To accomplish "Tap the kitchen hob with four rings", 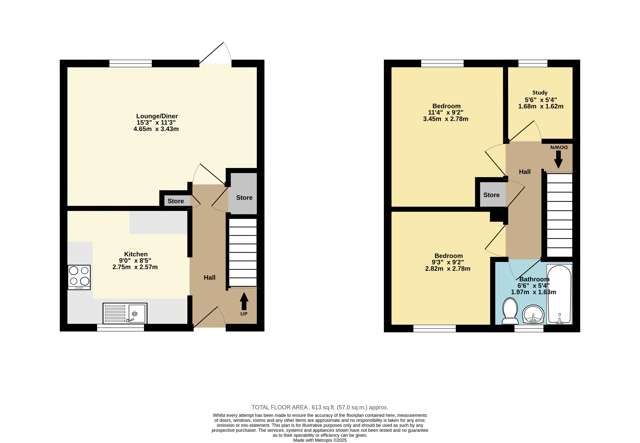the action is [x=79, y=277].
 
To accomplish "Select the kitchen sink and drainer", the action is [x=125, y=313].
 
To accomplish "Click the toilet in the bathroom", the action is [x=510, y=311].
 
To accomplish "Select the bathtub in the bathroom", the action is [x=559, y=294].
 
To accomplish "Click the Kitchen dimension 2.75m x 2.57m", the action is [x=135, y=267].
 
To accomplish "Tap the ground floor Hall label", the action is [x=210, y=278].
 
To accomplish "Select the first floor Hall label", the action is [x=525, y=172].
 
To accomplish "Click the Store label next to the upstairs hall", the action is [x=491, y=195].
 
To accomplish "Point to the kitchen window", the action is [x=120, y=328].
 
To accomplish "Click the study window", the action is [x=533, y=63].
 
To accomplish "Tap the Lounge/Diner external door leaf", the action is [x=211, y=53].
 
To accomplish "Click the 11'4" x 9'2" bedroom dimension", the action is [x=446, y=112].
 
